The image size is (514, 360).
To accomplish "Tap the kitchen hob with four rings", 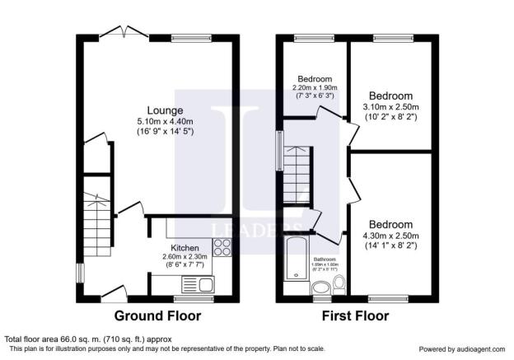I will coord(222,245).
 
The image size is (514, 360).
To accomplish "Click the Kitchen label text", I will coord(185,248).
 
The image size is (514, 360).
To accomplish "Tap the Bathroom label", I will coord(325,259).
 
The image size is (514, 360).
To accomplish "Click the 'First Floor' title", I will coord(356,316).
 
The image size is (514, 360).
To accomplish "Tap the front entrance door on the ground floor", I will coord(111,290).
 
